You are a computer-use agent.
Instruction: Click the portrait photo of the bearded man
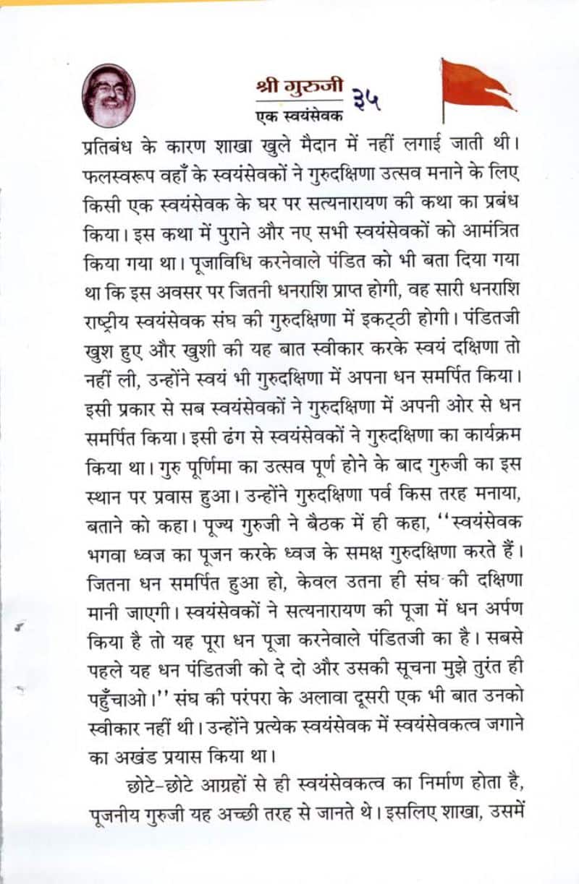click(x=109, y=95)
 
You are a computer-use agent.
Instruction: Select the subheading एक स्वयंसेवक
click(x=299, y=115)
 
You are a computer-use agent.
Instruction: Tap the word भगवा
click(x=103, y=554)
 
